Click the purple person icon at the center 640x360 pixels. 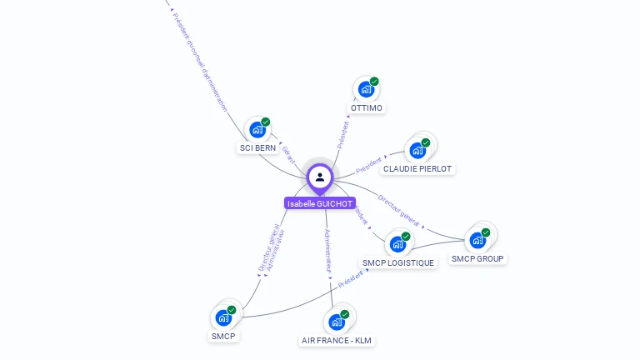320,177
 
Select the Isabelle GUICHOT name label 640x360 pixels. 320,203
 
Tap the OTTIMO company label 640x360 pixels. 367,108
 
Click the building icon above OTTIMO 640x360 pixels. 365,89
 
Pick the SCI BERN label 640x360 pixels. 257,148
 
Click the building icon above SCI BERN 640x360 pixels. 257,130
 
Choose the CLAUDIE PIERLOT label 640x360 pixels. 417,168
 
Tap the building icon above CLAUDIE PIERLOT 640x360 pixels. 416,151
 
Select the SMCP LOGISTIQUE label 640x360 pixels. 398,263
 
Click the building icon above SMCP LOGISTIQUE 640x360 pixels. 397,244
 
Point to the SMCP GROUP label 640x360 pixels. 478,258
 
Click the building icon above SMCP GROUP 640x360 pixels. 477,240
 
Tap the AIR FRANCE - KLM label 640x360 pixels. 337,340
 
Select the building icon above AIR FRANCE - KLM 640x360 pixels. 336,322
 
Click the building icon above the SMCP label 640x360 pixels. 223,317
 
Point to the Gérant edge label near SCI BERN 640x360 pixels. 288,154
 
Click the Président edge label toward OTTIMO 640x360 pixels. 342,134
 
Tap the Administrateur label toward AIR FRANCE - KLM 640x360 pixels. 328,252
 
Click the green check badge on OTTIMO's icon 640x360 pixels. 374,82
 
